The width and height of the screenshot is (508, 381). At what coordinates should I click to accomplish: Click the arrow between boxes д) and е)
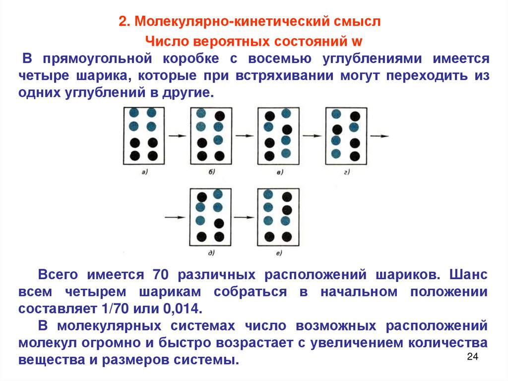[x=243, y=217]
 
